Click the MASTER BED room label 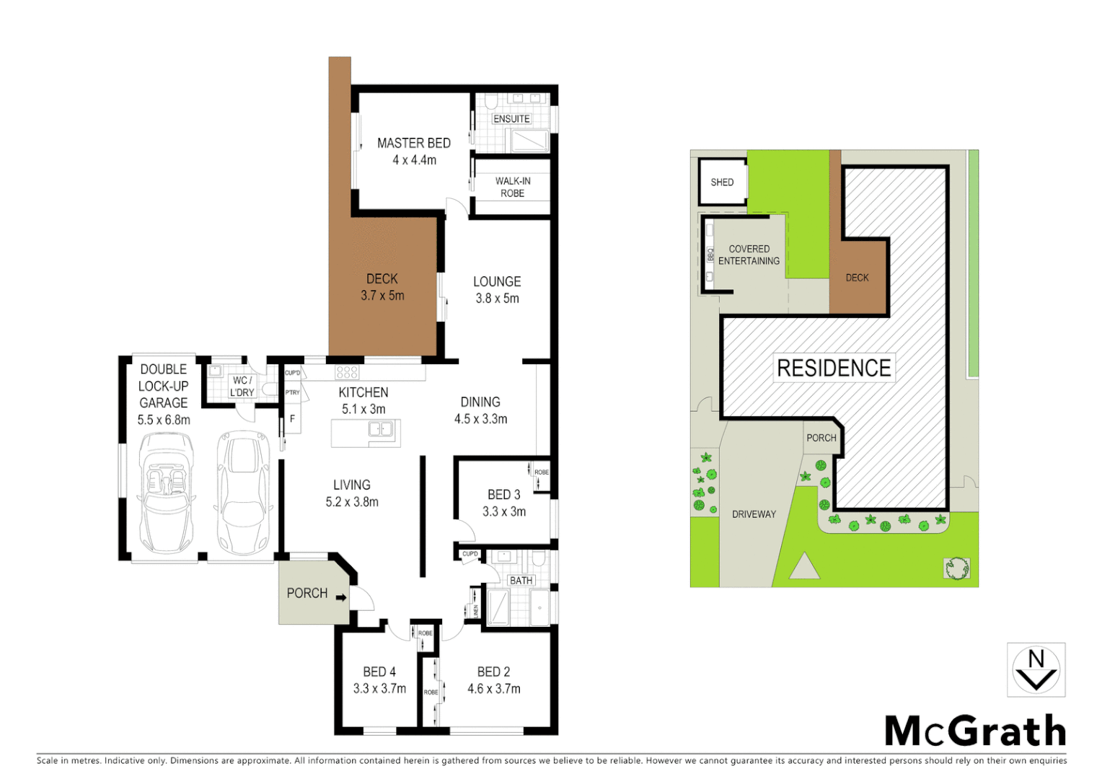[x=413, y=144]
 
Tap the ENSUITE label [x=511, y=119]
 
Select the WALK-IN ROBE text [x=513, y=187]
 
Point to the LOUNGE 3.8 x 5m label [x=497, y=290]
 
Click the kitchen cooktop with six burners [x=347, y=372]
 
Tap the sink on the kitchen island [x=380, y=430]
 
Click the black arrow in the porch [x=341, y=597]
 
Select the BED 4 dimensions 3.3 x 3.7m [x=379, y=689]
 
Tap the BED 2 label [x=493, y=672]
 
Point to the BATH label [x=521, y=581]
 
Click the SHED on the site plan [x=722, y=182]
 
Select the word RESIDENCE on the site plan [x=834, y=368]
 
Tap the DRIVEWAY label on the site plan [x=754, y=514]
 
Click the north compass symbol [x=1036, y=670]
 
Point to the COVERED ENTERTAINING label [x=749, y=255]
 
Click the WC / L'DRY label [x=242, y=387]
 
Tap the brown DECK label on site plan [x=857, y=278]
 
